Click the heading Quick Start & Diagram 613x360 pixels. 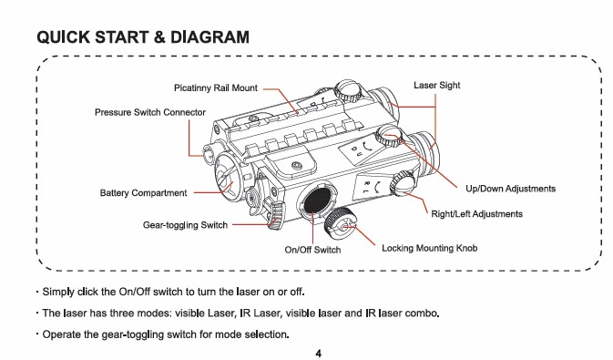(x=143, y=37)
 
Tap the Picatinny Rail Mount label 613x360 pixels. (x=216, y=87)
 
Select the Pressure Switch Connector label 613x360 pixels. (x=150, y=112)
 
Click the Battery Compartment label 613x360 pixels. (x=144, y=193)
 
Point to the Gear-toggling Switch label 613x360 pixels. (x=185, y=225)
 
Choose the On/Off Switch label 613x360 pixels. (x=312, y=250)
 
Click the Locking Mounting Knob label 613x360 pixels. (x=430, y=248)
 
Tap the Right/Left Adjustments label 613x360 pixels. (x=477, y=214)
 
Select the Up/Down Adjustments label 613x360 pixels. (x=511, y=189)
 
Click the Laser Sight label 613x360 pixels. (x=437, y=86)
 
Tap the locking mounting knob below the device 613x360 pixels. (x=341, y=224)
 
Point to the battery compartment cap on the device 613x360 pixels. (x=230, y=177)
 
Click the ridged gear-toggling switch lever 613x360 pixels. (x=274, y=215)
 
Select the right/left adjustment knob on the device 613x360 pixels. (x=403, y=183)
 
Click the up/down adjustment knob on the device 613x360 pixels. (x=389, y=136)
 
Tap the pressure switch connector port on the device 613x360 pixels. (x=209, y=153)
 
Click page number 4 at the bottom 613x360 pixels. (x=318, y=354)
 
